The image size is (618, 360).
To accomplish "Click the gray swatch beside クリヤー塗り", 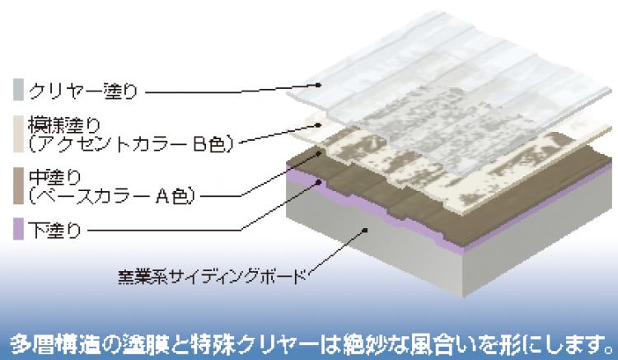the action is tap(18, 90).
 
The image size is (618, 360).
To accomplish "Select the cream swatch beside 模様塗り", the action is tap(18, 134).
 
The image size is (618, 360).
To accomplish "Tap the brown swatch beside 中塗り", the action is tap(18, 186).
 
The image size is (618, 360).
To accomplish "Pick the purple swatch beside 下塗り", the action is tap(18, 229).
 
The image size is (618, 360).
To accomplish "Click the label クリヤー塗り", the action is tap(83, 91).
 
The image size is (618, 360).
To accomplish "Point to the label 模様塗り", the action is tap(64, 125).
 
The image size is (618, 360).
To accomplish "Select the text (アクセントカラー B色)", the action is tap(131, 144).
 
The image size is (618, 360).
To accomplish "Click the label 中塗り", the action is tap(54, 177).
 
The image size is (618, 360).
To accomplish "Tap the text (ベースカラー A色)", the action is tap(112, 196).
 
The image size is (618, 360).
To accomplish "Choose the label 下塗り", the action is tap(54, 230).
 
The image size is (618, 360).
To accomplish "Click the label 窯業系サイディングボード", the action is tap(213, 277).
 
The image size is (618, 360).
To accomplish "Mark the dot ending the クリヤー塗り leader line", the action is tap(318, 85).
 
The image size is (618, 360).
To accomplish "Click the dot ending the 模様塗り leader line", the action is tap(319, 124).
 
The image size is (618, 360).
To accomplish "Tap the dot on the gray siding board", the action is tap(365, 230).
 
